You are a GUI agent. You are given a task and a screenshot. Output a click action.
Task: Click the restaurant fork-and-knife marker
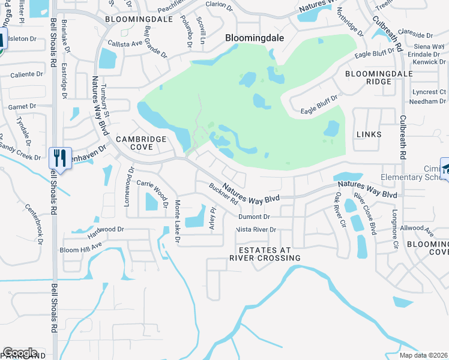point(60,158)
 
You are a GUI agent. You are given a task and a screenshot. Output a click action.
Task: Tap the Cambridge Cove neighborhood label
point(141,143)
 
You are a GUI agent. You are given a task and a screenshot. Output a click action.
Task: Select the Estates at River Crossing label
point(265,254)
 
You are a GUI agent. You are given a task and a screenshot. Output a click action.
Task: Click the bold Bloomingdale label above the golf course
point(254,37)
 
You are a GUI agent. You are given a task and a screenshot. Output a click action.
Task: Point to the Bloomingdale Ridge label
point(370,77)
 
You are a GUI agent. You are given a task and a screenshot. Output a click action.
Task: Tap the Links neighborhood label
point(369,134)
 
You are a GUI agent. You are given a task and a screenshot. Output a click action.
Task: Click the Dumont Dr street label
point(254,217)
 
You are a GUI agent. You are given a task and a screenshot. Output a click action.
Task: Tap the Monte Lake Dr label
point(177,221)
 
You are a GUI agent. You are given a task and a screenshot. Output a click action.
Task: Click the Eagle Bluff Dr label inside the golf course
point(319,103)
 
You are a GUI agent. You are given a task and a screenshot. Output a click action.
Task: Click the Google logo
point(20,353)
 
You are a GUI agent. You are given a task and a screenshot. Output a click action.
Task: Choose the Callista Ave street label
point(125,43)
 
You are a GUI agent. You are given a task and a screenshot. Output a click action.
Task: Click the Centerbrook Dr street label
point(34,224)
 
